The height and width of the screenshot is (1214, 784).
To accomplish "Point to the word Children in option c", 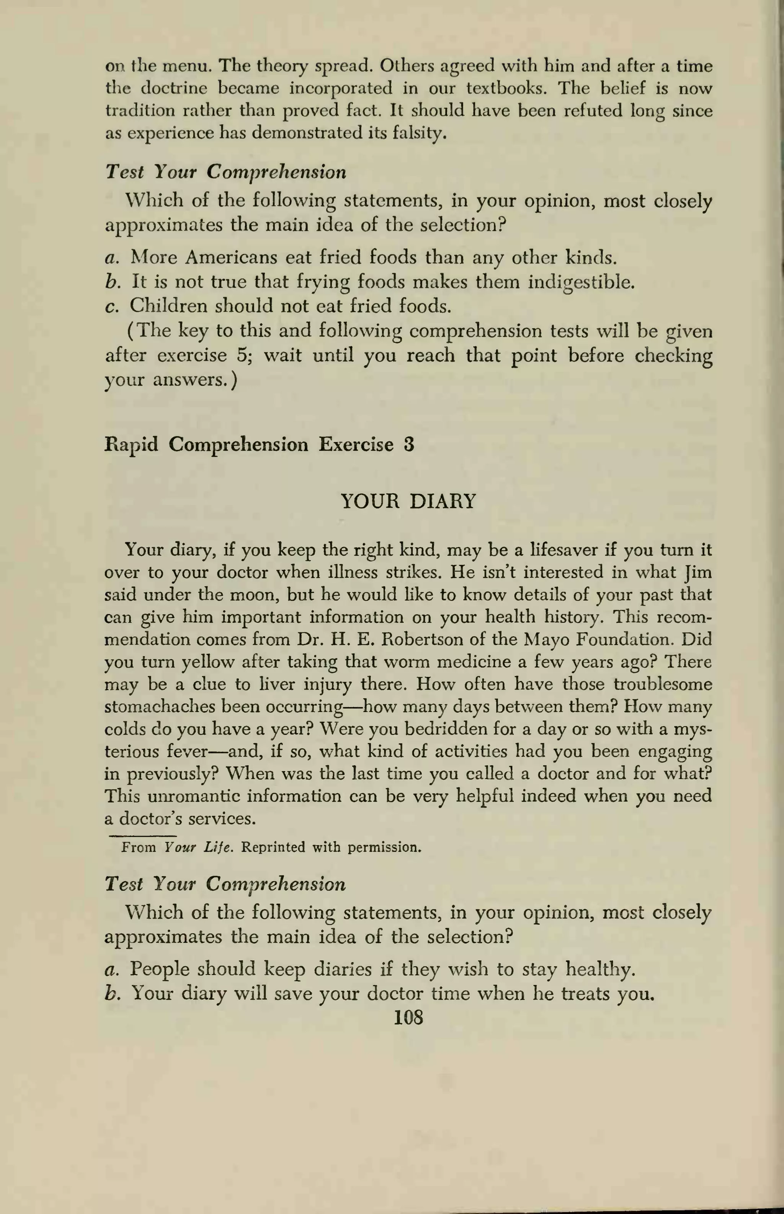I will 168,306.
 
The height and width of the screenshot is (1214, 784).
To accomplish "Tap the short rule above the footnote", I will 142,836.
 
